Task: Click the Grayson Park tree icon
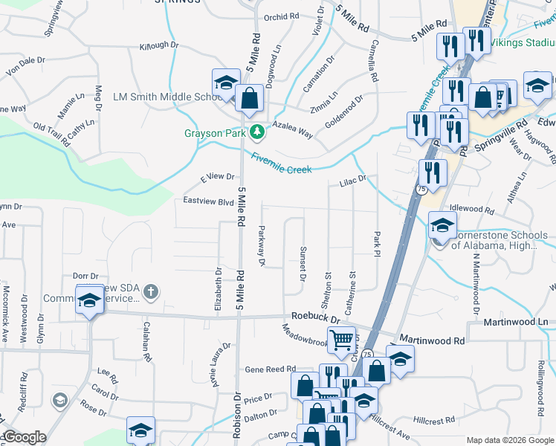point(257,132)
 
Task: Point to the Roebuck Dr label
point(315,317)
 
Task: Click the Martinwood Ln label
point(515,322)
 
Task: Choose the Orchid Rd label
point(281,16)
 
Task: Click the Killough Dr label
point(159,45)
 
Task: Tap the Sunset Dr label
point(303,264)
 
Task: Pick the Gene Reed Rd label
point(271,369)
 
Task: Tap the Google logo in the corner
point(24,437)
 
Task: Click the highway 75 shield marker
point(421,190)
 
